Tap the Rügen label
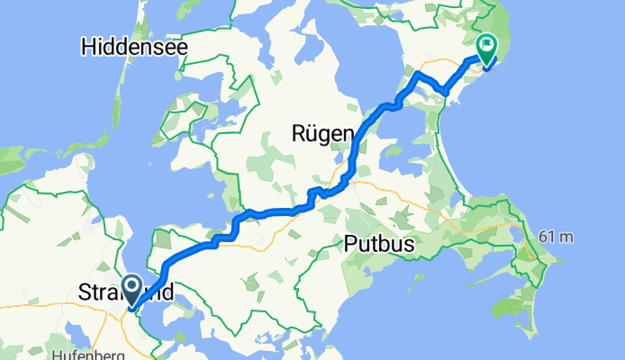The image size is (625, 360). (322, 134)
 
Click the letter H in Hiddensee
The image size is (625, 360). (87, 46)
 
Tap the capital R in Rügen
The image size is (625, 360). (297, 134)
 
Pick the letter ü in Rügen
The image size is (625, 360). (311, 134)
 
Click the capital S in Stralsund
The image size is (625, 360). (85, 293)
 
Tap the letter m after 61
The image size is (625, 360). (567, 237)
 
